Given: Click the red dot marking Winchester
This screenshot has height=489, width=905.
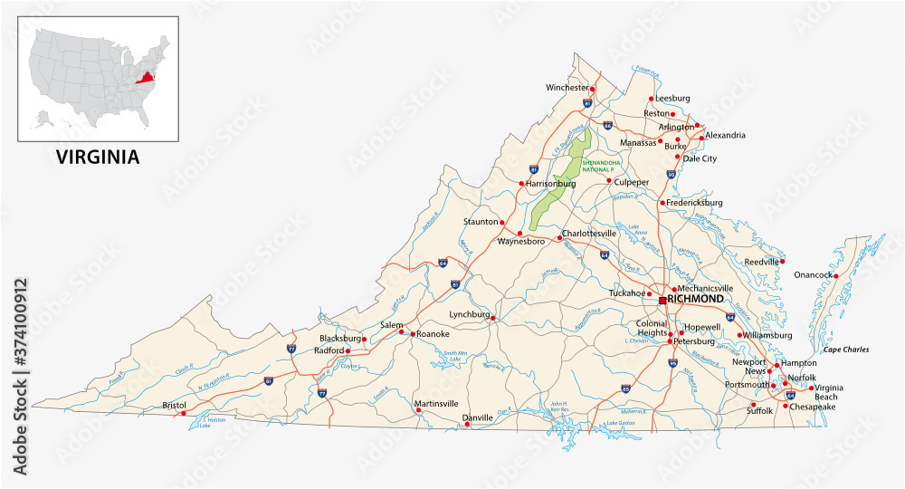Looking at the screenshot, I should [x=593, y=88].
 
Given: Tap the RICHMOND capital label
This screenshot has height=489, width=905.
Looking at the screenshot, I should [x=696, y=299].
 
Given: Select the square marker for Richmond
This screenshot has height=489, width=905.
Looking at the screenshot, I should [x=662, y=300].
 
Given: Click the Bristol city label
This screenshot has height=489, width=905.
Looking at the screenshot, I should [x=174, y=405].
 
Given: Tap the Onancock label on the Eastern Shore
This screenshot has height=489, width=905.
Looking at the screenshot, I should [x=812, y=275].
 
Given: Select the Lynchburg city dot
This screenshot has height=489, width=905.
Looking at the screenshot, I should [x=493, y=318].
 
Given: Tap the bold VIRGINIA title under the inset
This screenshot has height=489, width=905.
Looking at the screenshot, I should [x=99, y=157].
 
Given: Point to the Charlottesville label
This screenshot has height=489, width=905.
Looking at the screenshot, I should [x=589, y=233].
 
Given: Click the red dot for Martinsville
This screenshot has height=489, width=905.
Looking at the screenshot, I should [x=419, y=409].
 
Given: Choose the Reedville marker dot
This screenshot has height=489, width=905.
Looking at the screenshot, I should [x=782, y=261].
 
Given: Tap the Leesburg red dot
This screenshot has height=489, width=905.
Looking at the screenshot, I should [x=651, y=99].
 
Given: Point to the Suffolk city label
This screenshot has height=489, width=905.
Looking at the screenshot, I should [x=759, y=410].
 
